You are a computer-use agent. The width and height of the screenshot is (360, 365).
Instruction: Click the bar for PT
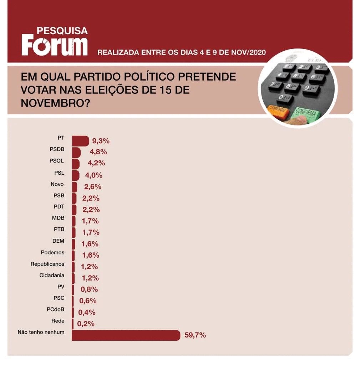(80, 141)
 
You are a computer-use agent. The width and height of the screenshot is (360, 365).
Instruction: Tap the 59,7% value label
(195, 335)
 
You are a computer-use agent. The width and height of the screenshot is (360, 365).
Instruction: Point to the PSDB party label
(57, 150)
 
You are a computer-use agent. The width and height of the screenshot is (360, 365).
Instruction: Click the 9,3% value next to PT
(101, 141)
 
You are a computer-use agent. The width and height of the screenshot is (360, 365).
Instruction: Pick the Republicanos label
(47, 264)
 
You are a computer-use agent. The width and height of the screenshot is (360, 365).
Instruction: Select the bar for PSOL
(76, 164)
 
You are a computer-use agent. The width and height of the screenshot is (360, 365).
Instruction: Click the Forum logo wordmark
(55, 45)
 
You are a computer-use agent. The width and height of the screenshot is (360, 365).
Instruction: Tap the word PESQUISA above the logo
(62, 31)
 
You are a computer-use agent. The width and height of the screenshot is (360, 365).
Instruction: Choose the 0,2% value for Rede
(86, 324)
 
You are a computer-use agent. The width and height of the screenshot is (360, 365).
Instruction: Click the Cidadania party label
(52, 276)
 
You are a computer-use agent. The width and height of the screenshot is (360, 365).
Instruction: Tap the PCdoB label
(56, 310)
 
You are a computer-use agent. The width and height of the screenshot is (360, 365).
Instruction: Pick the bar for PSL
(75, 175)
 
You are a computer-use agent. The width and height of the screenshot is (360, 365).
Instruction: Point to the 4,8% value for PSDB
(98, 152)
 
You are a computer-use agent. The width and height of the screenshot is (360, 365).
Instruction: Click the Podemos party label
(52, 253)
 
